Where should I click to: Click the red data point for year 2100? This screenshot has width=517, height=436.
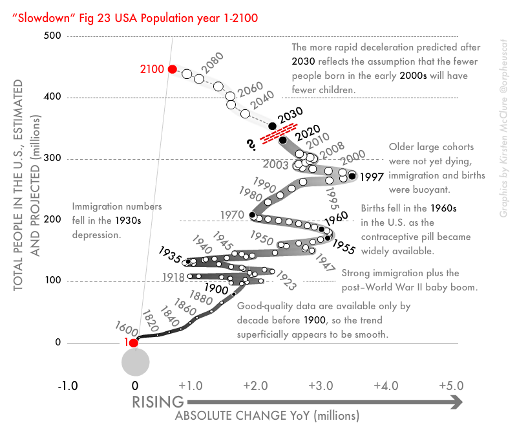point(172,69)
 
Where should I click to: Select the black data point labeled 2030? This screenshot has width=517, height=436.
point(272,125)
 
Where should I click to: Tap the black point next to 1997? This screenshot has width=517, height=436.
point(352,175)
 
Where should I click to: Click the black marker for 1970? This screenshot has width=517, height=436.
point(253,215)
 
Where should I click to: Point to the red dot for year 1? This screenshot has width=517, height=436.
point(134,343)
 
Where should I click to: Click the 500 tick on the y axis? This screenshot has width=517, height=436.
point(54,36)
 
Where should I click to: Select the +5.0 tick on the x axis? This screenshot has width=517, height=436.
point(450,386)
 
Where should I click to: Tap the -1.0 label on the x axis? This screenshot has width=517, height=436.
point(68,386)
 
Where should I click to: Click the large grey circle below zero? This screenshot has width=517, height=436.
point(136,362)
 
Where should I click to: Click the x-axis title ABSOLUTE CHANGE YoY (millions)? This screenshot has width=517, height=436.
point(266,416)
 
